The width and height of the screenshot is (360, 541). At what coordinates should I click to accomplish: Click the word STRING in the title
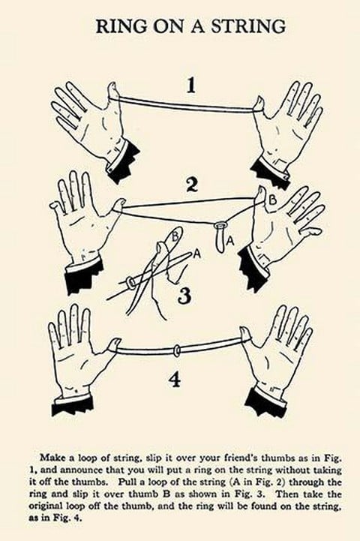248,26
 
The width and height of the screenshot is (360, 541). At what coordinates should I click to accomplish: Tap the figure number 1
190,86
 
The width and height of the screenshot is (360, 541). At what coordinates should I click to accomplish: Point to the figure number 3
184,296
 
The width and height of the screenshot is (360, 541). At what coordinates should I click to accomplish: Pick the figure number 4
175,380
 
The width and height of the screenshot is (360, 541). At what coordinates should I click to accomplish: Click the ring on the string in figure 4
177,350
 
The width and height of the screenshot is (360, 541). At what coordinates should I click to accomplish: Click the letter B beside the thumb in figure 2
272,200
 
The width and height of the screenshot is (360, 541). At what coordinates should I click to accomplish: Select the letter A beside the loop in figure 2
230,241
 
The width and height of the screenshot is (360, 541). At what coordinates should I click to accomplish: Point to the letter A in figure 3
196,254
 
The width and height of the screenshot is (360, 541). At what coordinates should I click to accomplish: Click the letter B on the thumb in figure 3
175,236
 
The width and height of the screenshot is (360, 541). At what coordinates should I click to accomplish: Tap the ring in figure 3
130,283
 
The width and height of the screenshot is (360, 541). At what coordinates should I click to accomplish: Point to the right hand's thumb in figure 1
259,103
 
